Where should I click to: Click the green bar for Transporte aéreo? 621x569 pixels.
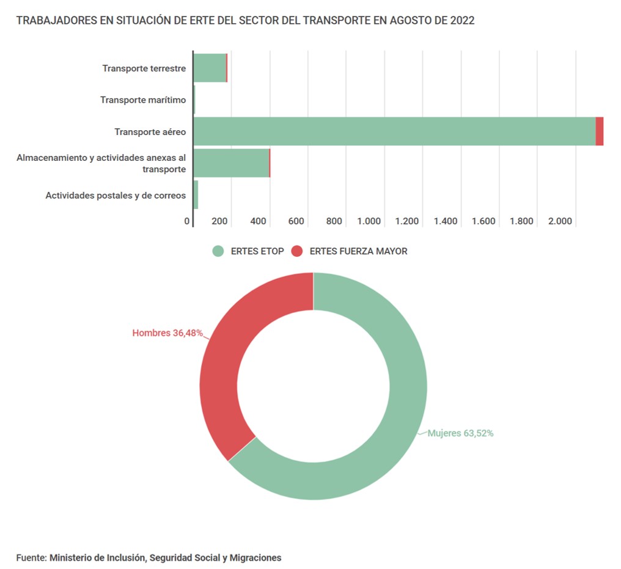(x=394, y=131)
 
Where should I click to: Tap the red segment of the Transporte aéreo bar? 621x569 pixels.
(x=600, y=131)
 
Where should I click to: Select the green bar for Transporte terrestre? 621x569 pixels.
(x=210, y=68)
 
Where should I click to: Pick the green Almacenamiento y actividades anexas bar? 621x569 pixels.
(x=231, y=163)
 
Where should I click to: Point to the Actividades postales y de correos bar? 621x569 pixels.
(x=196, y=195)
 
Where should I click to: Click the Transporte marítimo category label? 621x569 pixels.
(x=143, y=100)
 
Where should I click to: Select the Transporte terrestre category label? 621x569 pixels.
(x=144, y=68)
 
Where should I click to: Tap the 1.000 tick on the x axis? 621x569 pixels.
(x=369, y=221)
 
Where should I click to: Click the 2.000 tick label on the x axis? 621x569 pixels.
(x=559, y=221)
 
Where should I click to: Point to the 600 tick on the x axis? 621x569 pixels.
(x=296, y=221)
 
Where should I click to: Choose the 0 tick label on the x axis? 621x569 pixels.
(x=187, y=221)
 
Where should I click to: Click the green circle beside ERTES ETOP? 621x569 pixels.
(x=218, y=251)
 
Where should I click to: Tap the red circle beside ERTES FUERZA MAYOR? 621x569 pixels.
(x=297, y=251)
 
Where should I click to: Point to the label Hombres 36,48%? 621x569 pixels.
(x=167, y=334)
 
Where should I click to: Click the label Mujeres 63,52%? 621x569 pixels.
(x=460, y=433)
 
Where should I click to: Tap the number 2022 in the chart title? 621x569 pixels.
(x=463, y=21)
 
